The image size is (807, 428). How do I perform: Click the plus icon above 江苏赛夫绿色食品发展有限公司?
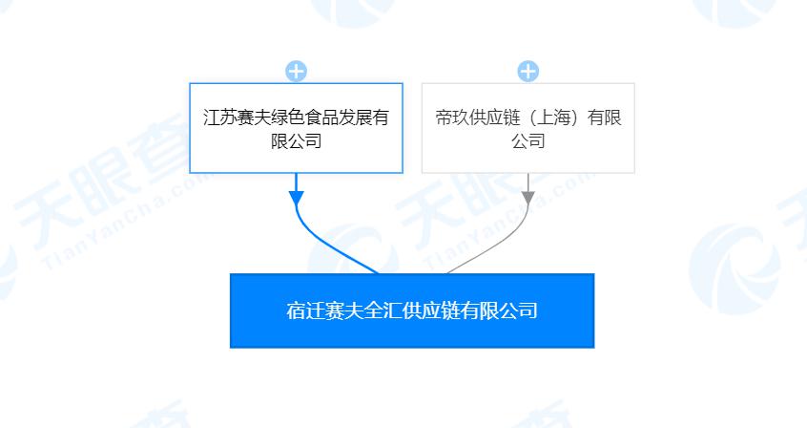pos(297,72)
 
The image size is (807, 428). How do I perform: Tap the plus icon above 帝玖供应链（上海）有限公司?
pos(528,72)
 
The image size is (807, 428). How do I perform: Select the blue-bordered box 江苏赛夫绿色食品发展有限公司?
pos(296,128)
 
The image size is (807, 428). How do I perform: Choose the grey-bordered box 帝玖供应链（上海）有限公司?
pos(528,128)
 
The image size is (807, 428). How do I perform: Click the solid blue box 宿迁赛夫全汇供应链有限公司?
pos(412,310)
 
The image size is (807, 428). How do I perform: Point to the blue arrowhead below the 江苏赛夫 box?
pos(297,199)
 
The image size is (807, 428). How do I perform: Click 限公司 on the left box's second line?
pos(297,140)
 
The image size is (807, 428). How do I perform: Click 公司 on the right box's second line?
pos(528,140)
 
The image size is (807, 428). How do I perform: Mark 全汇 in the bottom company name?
pos(381,310)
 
